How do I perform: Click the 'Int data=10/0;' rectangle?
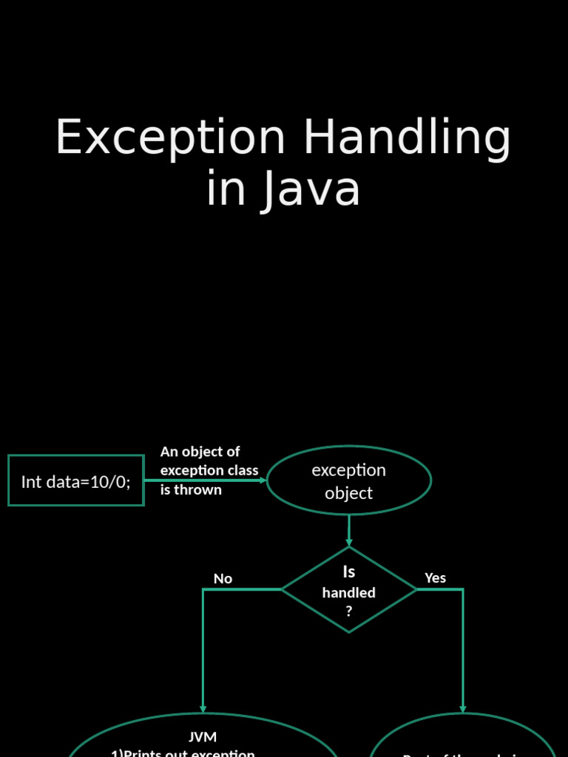[75, 481]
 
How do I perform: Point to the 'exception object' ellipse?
[348, 481]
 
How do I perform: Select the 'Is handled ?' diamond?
[348, 589]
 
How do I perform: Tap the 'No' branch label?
[223, 579]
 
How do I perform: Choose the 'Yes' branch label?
[435, 578]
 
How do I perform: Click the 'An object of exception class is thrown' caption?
[209, 470]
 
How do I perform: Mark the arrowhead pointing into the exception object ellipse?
[262, 480]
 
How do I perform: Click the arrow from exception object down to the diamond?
[348, 531]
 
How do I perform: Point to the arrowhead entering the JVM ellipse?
[203, 708]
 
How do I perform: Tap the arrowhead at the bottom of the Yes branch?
[463, 708]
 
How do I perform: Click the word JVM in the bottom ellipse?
[203, 737]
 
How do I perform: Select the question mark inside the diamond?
[348, 612]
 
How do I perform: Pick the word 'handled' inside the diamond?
[348, 593]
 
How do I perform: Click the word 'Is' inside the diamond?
[348, 572]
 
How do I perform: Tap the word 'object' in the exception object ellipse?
[348, 493]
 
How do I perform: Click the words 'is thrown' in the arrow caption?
[191, 489]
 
